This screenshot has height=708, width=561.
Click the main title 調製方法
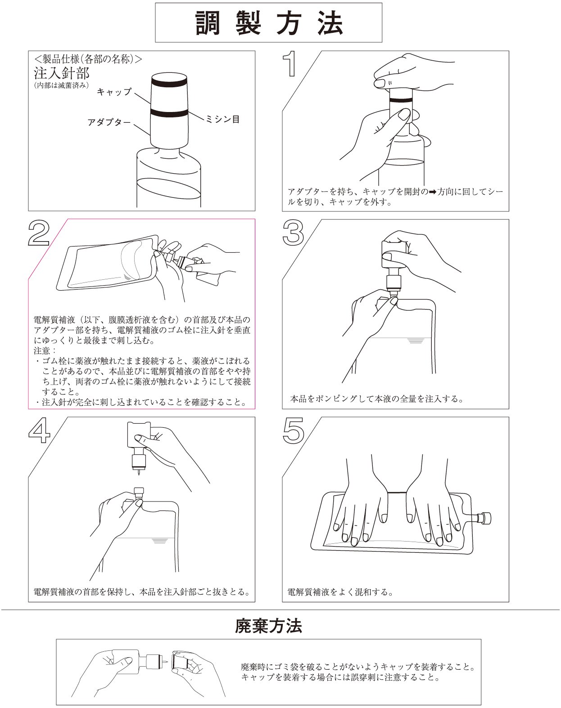point(269,23)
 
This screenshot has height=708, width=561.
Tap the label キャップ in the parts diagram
point(114,91)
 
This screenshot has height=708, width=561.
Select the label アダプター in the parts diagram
point(109,122)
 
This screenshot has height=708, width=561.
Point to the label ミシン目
point(223,119)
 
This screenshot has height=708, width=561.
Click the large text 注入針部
point(62,73)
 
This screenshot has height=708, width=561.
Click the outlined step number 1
point(290,64)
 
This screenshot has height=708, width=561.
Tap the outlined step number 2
point(39,233)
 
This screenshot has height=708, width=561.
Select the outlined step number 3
point(293,233)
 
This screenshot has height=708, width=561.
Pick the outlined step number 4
point(40,430)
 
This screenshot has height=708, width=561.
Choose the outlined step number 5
point(293,430)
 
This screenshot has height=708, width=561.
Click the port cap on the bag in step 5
point(485,518)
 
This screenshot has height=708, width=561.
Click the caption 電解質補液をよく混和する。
point(341,592)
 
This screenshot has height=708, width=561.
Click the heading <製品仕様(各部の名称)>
point(88,59)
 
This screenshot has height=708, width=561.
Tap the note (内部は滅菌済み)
point(61,85)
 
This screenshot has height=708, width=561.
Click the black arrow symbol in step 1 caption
point(433,192)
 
